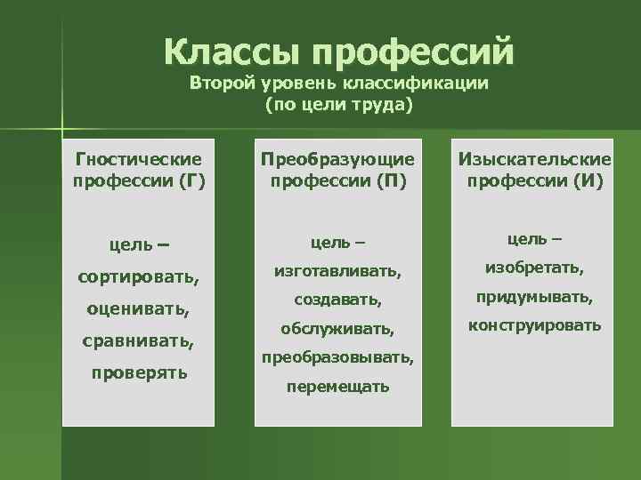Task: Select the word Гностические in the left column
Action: (x=138, y=160)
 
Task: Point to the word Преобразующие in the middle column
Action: (x=337, y=160)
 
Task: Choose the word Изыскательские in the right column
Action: (x=534, y=160)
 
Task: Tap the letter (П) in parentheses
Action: (x=392, y=181)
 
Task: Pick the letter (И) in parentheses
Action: (x=588, y=181)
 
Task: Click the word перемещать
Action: (x=337, y=388)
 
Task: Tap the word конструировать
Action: (x=535, y=325)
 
